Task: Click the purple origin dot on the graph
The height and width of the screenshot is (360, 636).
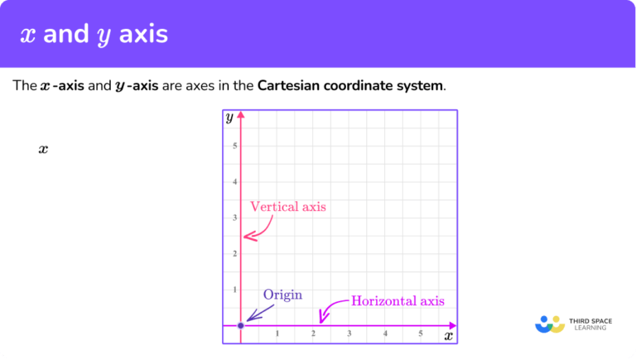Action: pos(241,325)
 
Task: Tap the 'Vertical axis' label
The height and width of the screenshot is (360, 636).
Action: pos(288,207)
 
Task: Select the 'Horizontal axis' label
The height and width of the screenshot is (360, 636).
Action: pos(397,301)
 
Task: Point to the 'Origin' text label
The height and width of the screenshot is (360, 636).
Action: pos(282,295)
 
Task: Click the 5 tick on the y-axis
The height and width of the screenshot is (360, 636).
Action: pos(234,146)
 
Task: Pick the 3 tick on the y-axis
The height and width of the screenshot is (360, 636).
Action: pos(234,218)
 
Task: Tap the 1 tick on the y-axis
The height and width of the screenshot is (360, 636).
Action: pos(234,290)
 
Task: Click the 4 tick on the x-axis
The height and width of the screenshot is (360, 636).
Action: pos(385,334)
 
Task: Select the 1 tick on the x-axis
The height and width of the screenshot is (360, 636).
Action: pos(277,334)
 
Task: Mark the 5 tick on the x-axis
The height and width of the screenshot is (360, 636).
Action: pos(421,334)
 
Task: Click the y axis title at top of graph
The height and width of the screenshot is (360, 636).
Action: pos(229,118)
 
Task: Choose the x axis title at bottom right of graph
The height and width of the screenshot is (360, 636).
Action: pos(448,336)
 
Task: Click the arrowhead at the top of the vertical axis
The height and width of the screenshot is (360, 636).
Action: pos(241,116)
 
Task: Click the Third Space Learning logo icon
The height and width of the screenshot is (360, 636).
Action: pos(550,324)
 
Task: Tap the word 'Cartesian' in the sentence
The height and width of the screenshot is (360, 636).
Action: pos(287,86)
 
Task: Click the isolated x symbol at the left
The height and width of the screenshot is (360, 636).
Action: pos(43,150)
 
